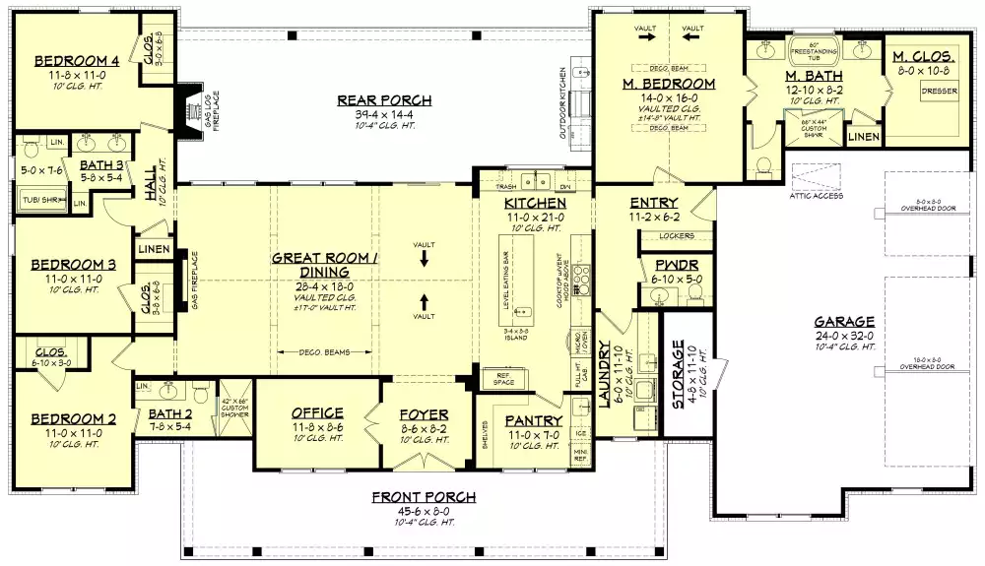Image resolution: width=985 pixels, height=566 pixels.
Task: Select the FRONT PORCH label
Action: click(x=424, y=497)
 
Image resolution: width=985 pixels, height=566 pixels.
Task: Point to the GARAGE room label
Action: click(x=844, y=322)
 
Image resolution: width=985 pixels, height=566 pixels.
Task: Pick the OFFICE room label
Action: click(x=317, y=413)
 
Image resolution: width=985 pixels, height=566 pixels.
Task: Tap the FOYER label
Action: click(x=424, y=415)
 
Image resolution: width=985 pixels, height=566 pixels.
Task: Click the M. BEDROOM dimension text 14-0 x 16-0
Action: click(x=668, y=99)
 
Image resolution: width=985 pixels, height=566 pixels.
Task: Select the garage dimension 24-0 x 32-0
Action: click(x=844, y=335)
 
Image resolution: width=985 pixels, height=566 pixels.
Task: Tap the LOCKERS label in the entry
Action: click(x=676, y=236)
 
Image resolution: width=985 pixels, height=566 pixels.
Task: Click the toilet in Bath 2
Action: click(x=201, y=393)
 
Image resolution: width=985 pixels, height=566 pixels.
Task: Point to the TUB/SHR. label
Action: click(x=37, y=202)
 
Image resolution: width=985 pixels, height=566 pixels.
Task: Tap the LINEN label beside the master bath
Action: click(x=863, y=137)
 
